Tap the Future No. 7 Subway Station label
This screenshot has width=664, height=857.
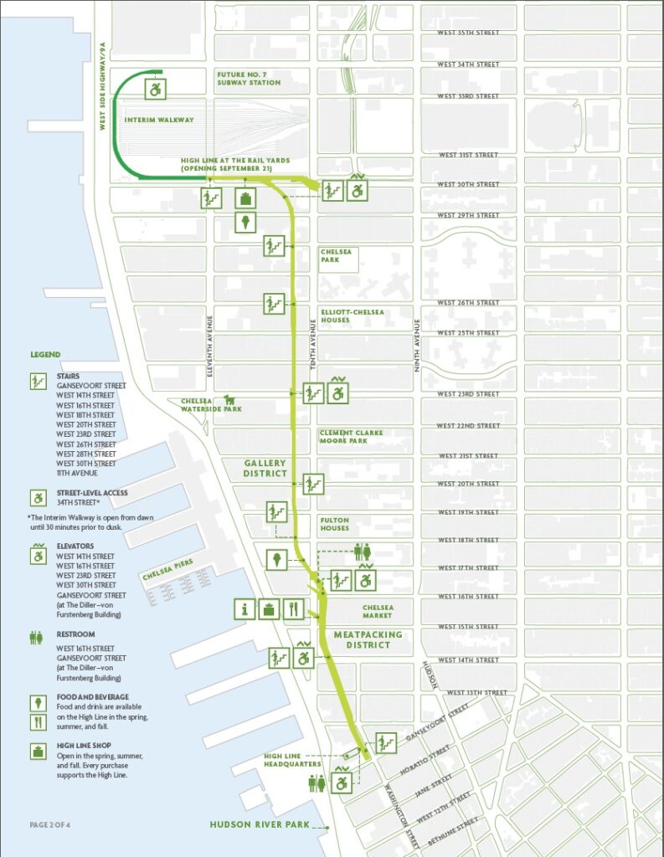click(x=248, y=79)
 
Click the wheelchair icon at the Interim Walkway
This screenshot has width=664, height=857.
click(x=157, y=88)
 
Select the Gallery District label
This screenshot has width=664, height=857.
click(x=265, y=468)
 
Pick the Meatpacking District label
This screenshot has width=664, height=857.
click(x=368, y=639)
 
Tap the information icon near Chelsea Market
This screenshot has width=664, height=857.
click(x=244, y=608)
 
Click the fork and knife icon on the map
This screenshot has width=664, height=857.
click(x=291, y=608)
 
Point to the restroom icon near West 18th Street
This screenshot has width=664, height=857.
click(x=363, y=551)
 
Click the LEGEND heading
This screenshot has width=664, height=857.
click(x=45, y=354)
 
